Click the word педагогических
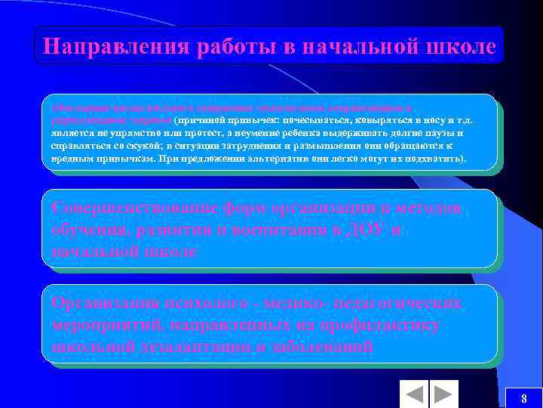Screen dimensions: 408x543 [x=399, y=303]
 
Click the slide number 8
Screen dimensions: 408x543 [x=523, y=398]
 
